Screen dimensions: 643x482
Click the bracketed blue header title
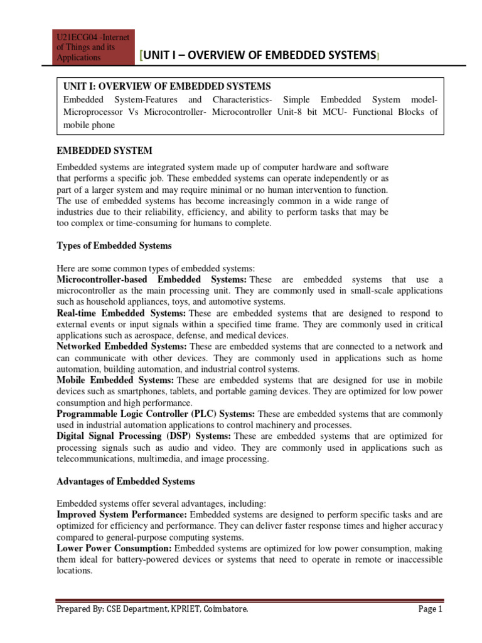pyautogui.click(x=259, y=56)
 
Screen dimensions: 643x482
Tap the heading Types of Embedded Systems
pyautogui.click(x=114, y=245)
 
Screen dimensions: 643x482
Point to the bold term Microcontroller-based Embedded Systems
pyautogui.click(x=151, y=279)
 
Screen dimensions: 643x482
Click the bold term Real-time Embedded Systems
pyautogui.click(x=121, y=313)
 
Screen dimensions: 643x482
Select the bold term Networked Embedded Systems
pyautogui.click(x=122, y=346)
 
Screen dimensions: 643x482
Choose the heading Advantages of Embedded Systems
pyautogui.click(x=126, y=481)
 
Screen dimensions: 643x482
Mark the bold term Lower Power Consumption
pyautogui.click(x=114, y=548)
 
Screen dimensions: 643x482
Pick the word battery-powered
pyautogui.click(x=124, y=559)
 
